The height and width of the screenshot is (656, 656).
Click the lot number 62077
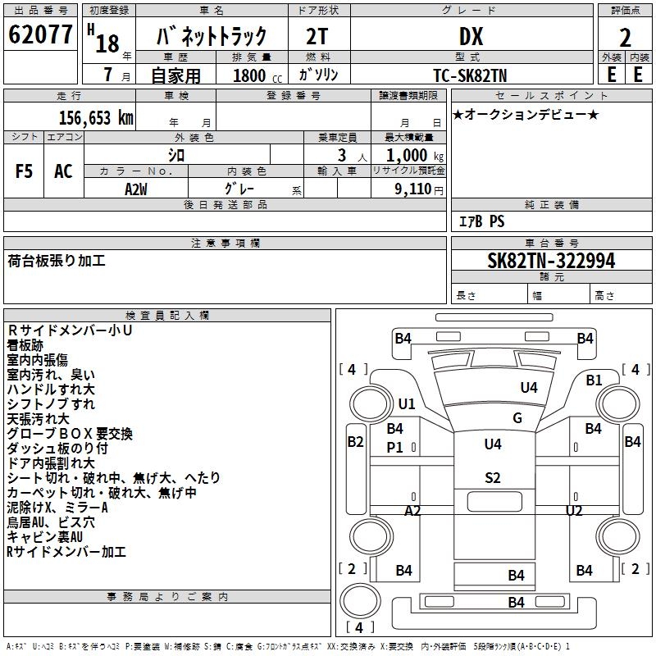[41, 36]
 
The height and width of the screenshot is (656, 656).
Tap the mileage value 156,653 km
[96, 118]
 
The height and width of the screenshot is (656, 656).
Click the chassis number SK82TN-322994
[551, 262]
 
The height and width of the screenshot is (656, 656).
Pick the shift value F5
[25, 171]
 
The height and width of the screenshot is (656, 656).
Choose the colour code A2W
[136, 189]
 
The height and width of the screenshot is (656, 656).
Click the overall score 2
[625, 37]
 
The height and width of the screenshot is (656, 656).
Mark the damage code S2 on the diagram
[492, 478]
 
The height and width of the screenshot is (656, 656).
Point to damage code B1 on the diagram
[594, 380]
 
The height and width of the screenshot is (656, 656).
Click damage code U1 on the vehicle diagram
[407, 404]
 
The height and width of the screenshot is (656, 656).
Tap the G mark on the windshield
[517, 418]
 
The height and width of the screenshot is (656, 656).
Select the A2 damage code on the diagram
[412, 510]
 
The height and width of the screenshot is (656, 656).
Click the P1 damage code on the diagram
[395, 448]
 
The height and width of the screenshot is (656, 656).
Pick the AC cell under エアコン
[63, 171]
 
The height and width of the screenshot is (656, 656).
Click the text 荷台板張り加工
[57, 262]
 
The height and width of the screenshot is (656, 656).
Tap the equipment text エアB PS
[481, 221]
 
